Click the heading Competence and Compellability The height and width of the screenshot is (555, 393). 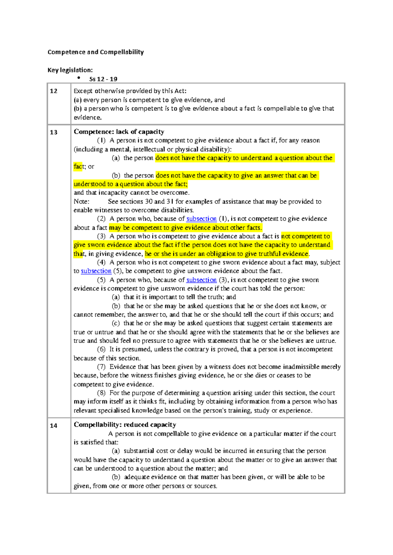pyautogui.click(x=96, y=52)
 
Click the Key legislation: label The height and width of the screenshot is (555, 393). pyautogui.click(x=70, y=70)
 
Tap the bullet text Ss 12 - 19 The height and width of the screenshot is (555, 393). pyautogui.click(x=103, y=79)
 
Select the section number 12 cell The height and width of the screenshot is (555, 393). pyautogui.click(x=54, y=91)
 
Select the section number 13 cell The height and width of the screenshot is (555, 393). pyautogui.click(x=54, y=132)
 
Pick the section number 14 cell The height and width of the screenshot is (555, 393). pyautogui.click(x=54, y=426)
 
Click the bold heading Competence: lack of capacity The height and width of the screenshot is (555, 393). pyautogui.click(x=119, y=132)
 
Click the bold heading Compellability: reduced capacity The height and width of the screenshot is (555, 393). pyautogui.click(x=125, y=425)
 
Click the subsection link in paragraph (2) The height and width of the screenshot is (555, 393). pyautogui.click(x=201, y=219)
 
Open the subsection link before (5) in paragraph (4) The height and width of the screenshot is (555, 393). pyautogui.click(x=96, y=271)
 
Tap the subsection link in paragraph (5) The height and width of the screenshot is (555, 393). pyautogui.click(x=201, y=280)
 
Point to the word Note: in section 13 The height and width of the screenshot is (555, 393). pyautogui.click(x=81, y=202)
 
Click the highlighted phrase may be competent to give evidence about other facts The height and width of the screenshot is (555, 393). pyautogui.click(x=185, y=227)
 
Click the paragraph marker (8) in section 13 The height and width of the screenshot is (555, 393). pyautogui.click(x=101, y=393)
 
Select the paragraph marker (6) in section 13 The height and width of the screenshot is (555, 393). pyautogui.click(x=101, y=349)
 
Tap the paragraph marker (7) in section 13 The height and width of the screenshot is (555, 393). pyautogui.click(x=101, y=367)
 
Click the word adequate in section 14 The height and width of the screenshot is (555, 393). pyautogui.click(x=137, y=477)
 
